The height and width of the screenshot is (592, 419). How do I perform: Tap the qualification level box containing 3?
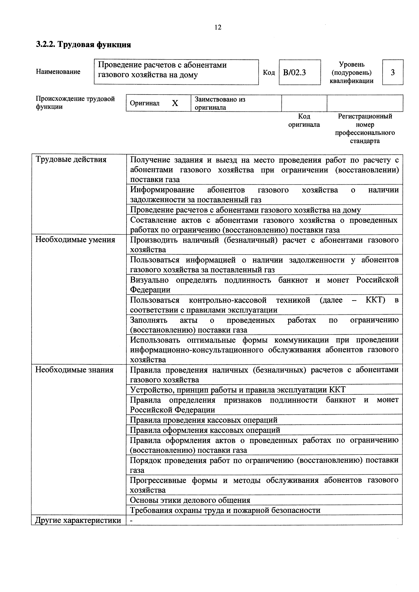(x=392, y=72)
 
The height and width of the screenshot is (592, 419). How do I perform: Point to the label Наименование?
(x=58, y=72)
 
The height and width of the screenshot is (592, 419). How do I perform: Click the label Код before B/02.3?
(x=268, y=73)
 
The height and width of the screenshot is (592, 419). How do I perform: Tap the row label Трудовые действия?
(x=71, y=160)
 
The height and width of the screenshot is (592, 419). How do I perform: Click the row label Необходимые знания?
(x=74, y=370)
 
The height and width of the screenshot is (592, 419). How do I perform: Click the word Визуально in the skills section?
(x=149, y=280)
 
